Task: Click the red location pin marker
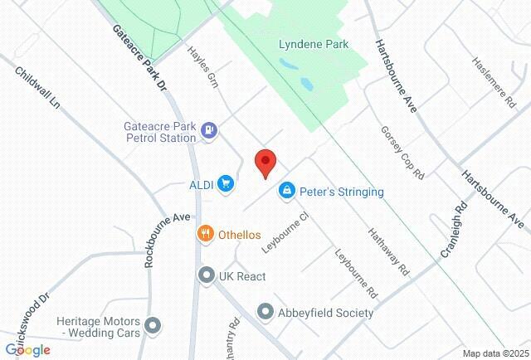pos(265,163)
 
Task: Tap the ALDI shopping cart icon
pos(225,183)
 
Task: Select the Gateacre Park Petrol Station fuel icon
pos(208,129)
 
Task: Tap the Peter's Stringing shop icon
pos(286,192)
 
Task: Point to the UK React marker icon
pos(205,275)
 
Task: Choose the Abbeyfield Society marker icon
pos(265,313)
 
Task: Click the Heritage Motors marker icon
pos(152,325)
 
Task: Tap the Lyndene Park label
pos(314,44)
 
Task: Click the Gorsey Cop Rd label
pos(402,153)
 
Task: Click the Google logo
pos(27,350)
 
